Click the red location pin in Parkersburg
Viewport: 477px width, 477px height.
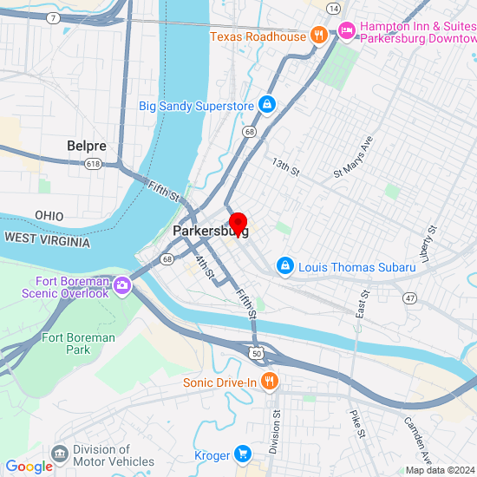[x=238, y=222]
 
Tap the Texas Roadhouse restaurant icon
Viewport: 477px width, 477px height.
[x=320, y=36]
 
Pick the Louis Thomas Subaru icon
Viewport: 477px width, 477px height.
[x=284, y=266]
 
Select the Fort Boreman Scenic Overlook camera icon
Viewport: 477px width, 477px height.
[x=122, y=284]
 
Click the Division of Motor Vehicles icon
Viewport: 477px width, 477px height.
[x=60, y=454]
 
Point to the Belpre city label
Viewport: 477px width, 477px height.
[x=87, y=147]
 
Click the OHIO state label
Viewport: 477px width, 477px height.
[x=49, y=215]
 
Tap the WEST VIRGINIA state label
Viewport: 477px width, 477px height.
[x=47, y=239]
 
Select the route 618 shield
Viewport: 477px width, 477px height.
[x=94, y=164]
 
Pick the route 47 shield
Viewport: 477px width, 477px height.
[x=409, y=298]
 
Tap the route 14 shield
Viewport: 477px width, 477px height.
[x=333, y=8]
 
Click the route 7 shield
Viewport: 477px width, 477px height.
[x=54, y=17]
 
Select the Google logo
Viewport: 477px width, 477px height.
[x=29, y=467]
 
